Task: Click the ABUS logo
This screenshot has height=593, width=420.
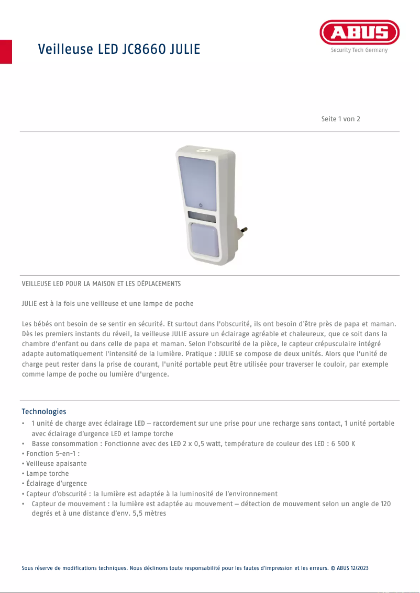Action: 359,33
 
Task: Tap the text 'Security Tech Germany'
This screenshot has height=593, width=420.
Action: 359,50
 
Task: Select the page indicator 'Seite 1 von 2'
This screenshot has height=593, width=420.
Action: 340,119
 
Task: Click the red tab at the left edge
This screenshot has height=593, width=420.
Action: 6,51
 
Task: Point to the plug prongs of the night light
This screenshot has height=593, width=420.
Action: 242,229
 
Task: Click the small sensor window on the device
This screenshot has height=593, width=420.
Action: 201,216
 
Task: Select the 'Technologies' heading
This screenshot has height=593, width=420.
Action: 43,412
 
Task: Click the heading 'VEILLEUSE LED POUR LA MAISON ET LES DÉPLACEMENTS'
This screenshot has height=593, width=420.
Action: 101,284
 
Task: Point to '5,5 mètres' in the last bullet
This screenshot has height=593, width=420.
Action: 149,514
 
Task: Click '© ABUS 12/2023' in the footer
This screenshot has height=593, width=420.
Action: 349,568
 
